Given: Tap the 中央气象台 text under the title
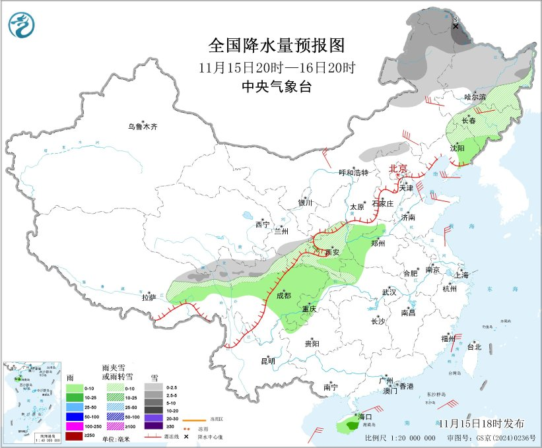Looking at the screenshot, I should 277,86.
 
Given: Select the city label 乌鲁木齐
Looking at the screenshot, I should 143,127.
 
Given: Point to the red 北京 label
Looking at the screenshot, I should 398,168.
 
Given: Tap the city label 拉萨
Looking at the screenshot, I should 148,298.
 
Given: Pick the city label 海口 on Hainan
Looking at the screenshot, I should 365,417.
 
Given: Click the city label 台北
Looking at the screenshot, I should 474,346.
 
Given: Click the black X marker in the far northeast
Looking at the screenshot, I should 456,25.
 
